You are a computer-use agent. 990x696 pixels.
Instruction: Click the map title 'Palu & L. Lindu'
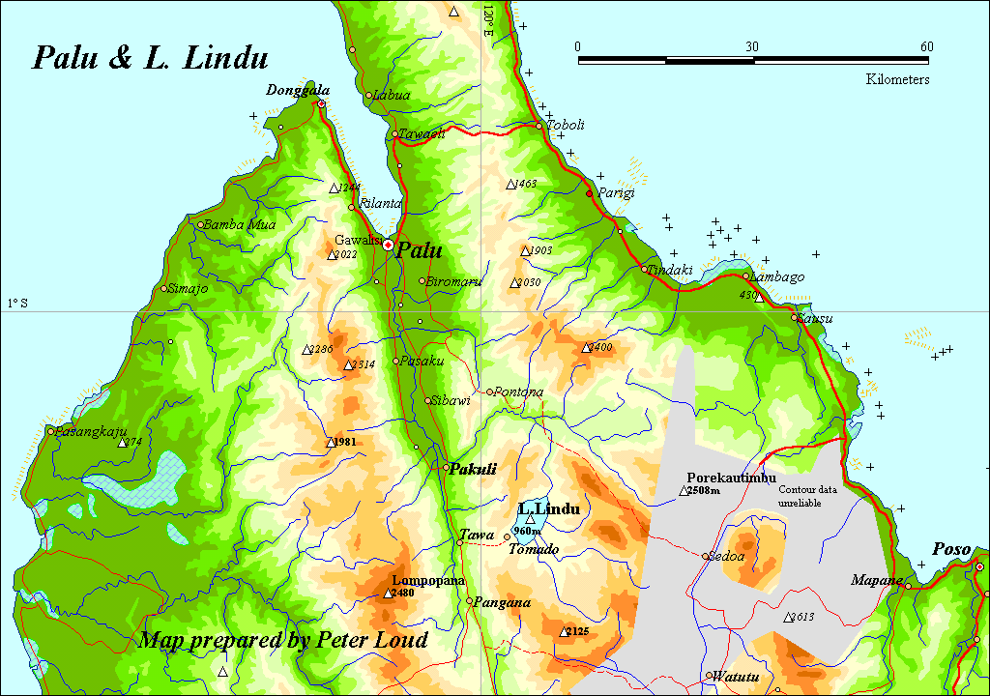(150, 58)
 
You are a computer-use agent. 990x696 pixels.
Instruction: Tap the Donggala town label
(291, 90)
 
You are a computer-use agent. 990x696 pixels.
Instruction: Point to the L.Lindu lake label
(549, 508)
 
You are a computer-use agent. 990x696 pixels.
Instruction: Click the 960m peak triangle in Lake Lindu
(530, 519)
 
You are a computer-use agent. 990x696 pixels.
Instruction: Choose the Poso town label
(950, 549)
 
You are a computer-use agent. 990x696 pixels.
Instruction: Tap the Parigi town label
(616, 192)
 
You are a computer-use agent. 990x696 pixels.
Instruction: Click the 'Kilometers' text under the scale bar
(897, 79)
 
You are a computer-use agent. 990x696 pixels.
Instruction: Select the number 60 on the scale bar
(926, 46)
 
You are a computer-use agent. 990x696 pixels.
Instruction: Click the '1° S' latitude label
(17, 304)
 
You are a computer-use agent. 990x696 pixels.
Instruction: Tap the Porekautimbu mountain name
(731, 478)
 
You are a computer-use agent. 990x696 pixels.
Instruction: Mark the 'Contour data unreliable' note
(808, 496)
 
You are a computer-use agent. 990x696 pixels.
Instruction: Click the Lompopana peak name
(428, 581)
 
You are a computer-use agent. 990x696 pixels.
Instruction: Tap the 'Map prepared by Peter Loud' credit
(283, 640)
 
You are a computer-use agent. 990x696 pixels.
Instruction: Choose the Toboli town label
(566, 125)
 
